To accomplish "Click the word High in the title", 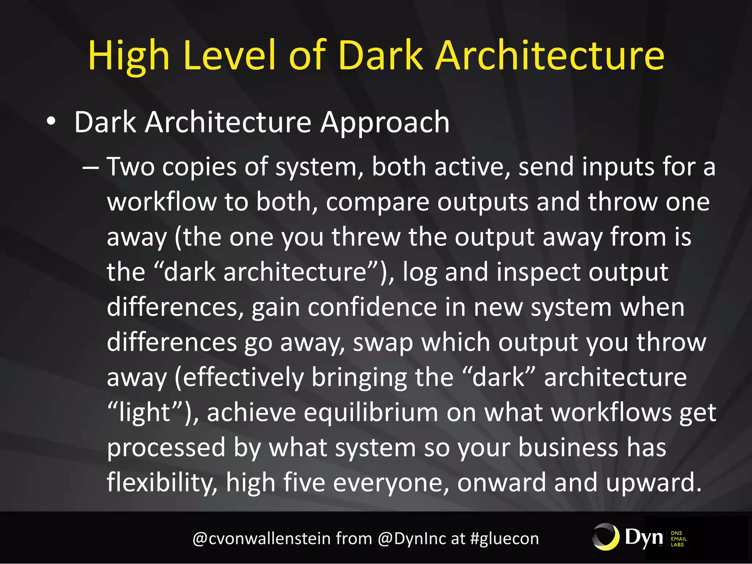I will [x=129, y=56].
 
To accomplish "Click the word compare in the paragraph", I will [x=377, y=202].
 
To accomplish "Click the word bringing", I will [x=359, y=378].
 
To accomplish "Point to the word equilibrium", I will [x=371, y=412].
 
